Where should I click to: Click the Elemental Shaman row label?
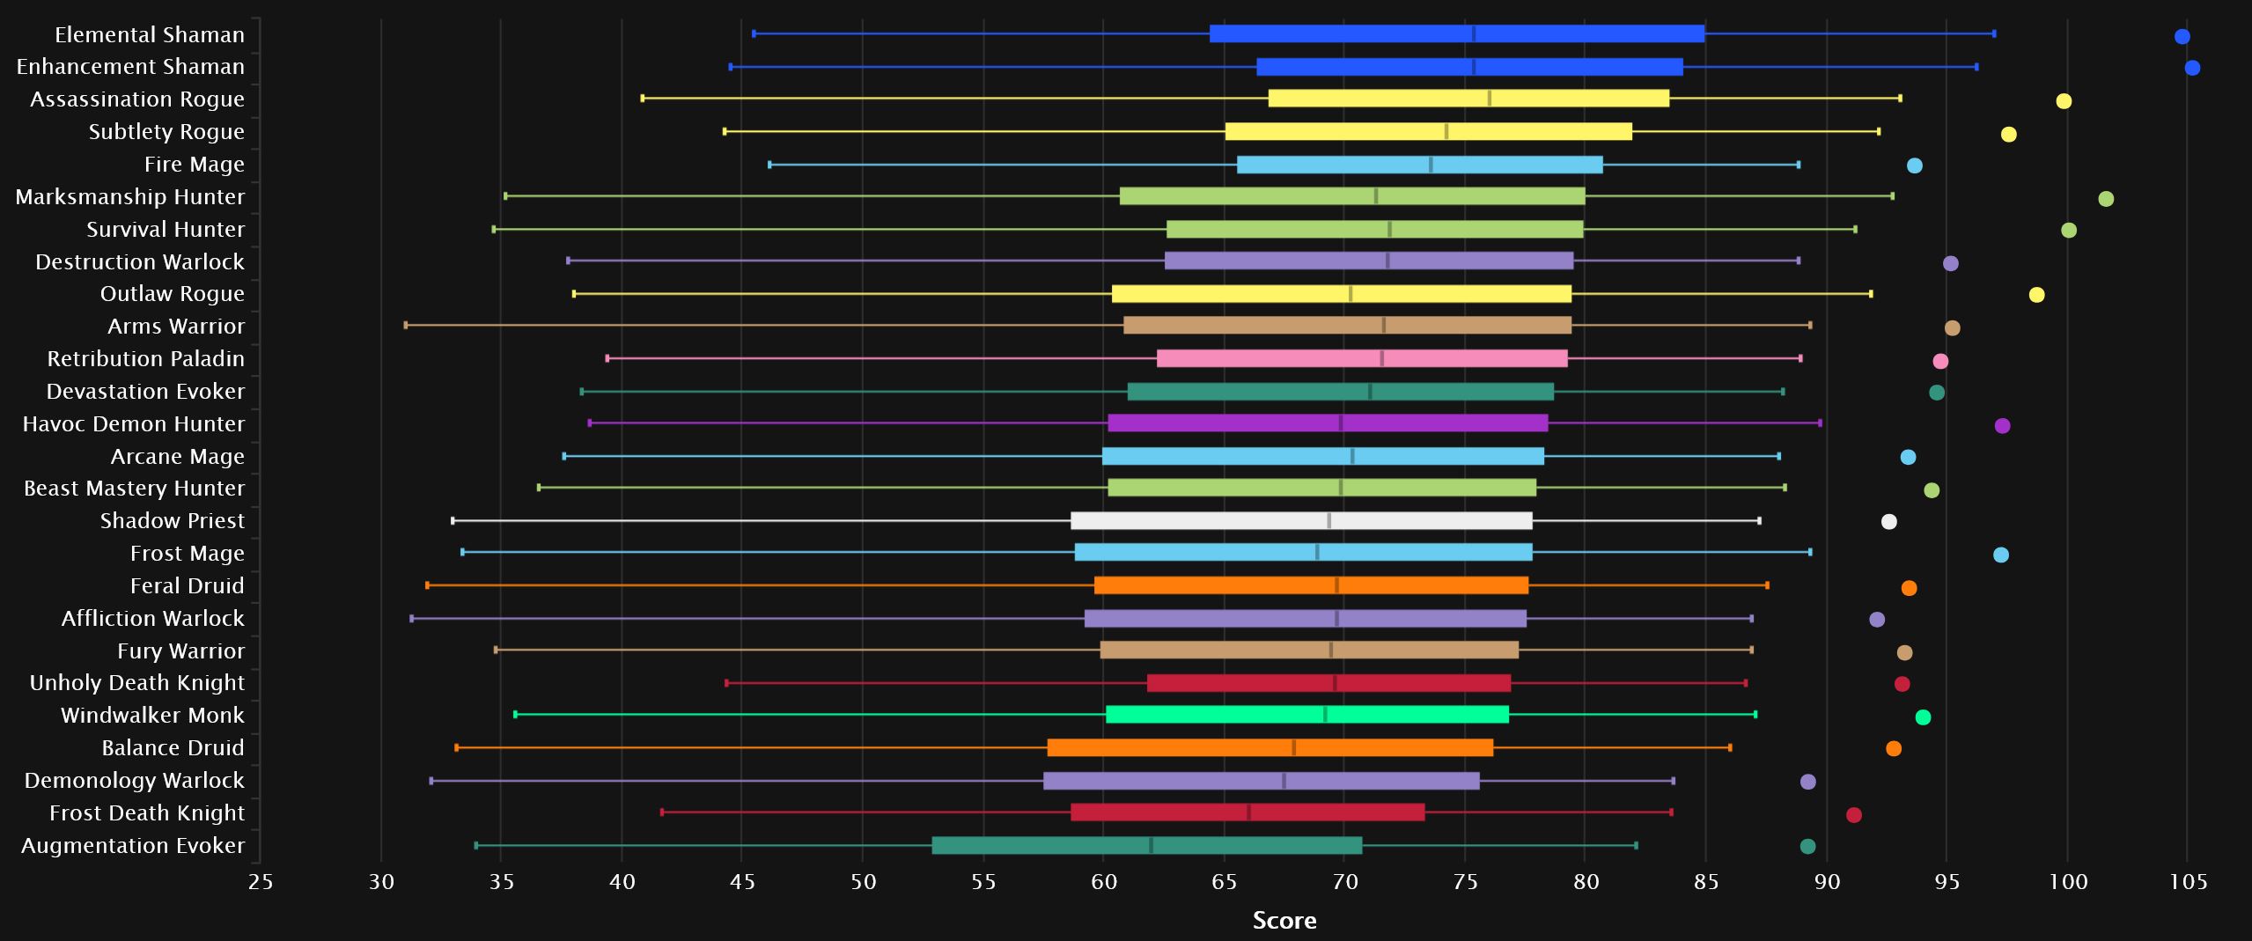tap(149, 34)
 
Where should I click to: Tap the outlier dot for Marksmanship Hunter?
tap(2106, 198)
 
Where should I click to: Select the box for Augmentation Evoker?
tap(1146, 845)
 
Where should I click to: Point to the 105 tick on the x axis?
tap(2189, 882)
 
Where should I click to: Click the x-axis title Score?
tap(1284, 921)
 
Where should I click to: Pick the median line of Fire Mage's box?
tap(1431, 165)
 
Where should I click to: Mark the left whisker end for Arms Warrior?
tap(406, 326)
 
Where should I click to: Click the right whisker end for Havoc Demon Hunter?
tap(1820, 423)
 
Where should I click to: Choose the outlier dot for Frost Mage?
tap(2001, 555)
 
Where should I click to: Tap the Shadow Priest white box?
tap(1301, 521)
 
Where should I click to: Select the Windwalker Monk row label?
tap(152, 715)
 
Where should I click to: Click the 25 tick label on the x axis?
tap(261, 882)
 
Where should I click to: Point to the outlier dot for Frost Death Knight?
tap(1854, 815)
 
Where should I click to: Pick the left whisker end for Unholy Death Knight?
tap(726, 683)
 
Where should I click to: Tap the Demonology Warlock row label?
tap(134, 780)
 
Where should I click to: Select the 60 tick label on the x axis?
tap(1104, 882)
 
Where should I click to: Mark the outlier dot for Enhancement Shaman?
tap(2192, 68)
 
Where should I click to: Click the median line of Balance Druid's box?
tap(1293, 748)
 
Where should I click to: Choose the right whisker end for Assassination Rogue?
tap(1900, 99)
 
